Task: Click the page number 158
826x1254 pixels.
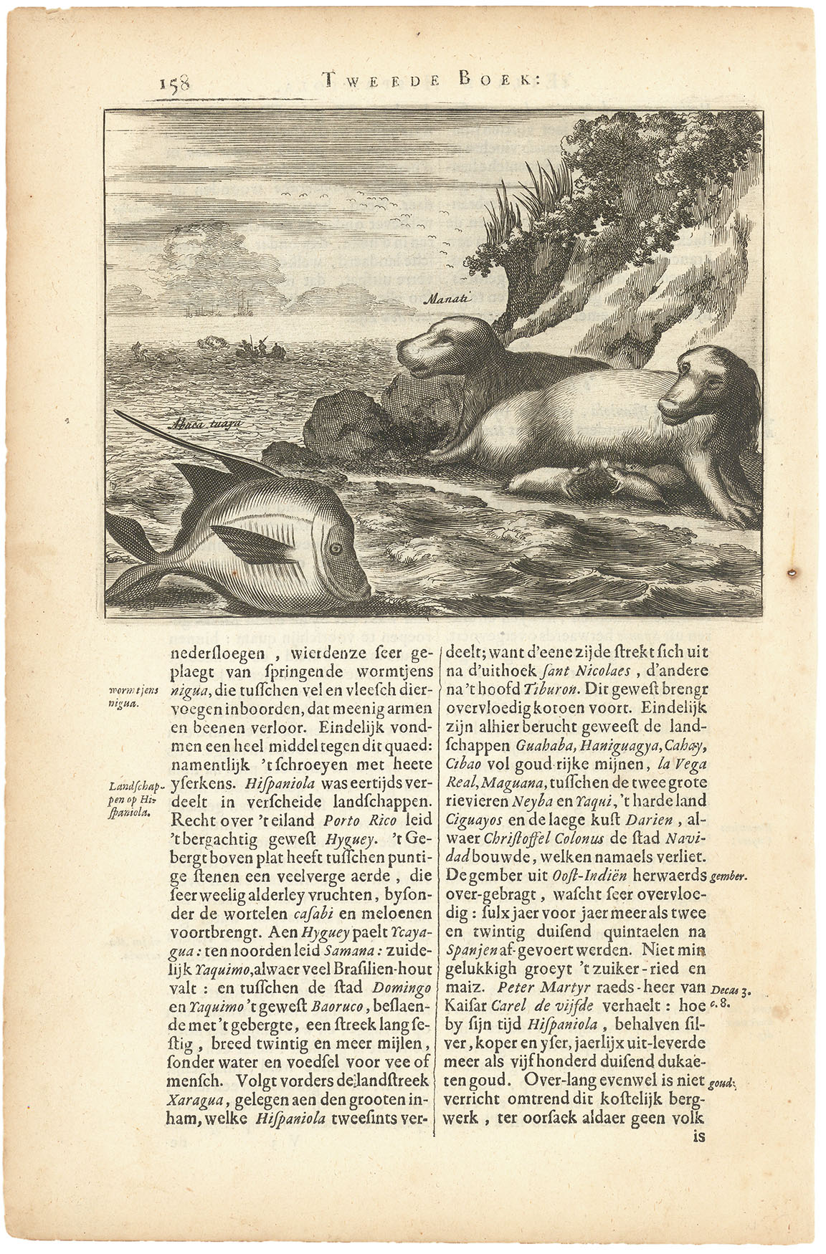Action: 175,84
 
